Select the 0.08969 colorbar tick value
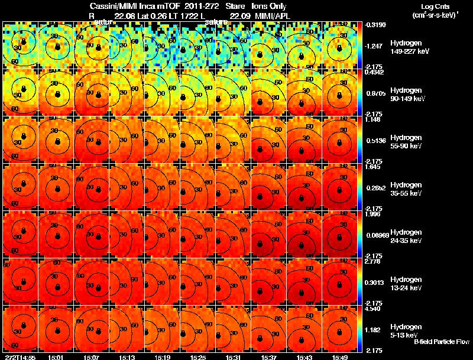pos(376,235)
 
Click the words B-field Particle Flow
pos(442,342)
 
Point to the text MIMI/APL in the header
pos(271,15)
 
